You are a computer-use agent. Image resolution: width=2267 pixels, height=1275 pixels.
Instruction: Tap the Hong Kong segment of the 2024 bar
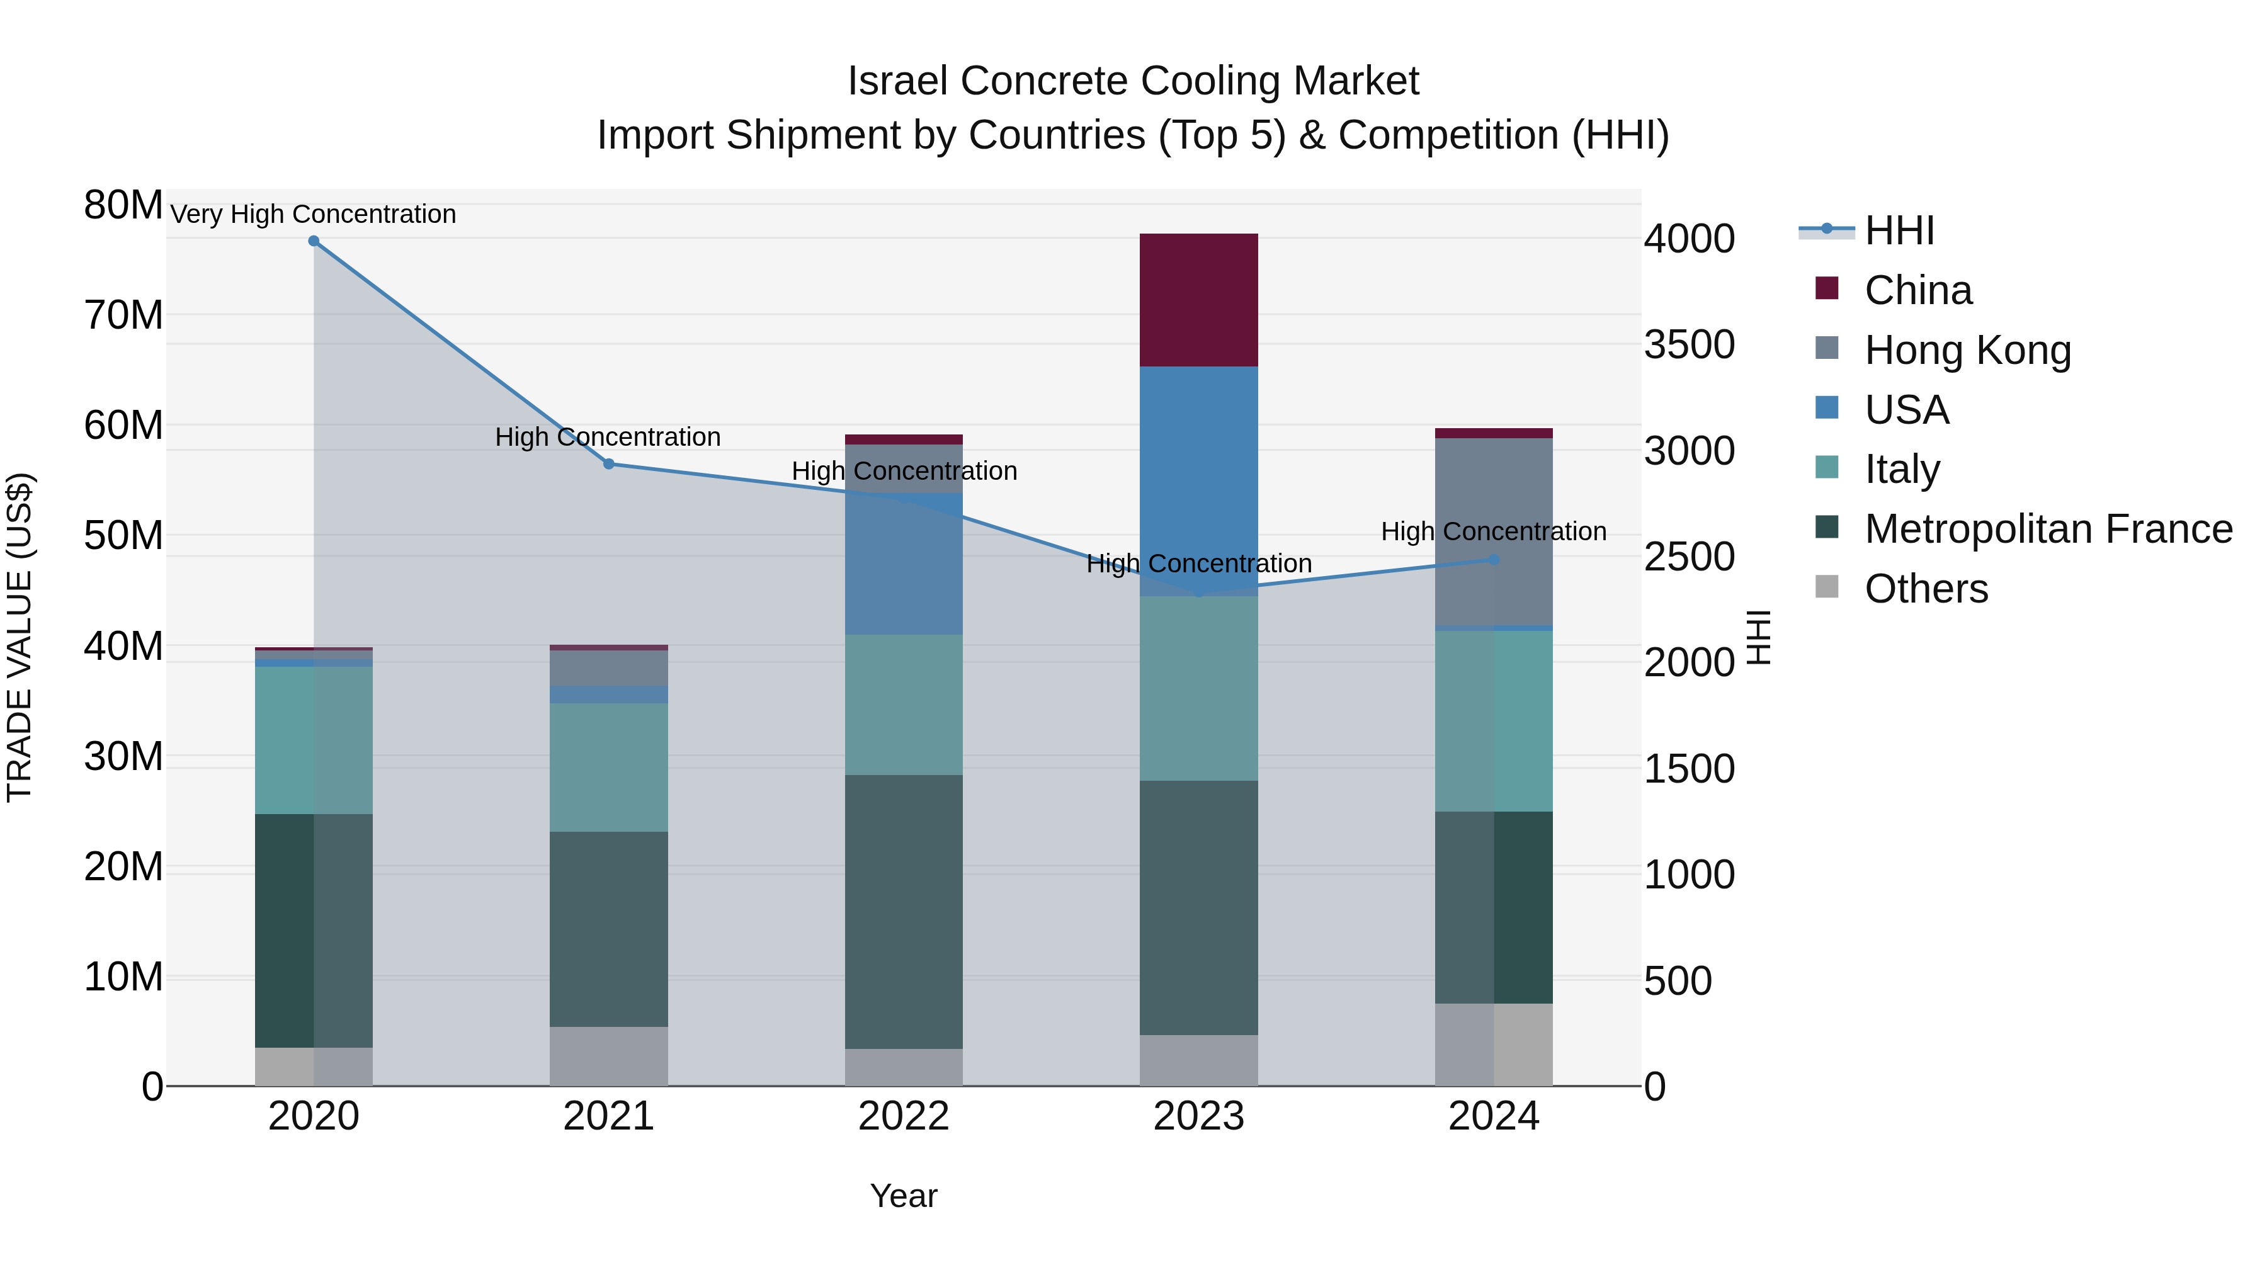(1494, 531)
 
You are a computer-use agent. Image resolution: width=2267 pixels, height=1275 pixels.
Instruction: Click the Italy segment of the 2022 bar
(903, 704)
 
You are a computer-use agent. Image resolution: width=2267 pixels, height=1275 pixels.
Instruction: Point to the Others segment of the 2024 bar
(1494, 1045)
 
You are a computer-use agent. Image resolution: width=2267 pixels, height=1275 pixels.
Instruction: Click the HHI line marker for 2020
(314, 241)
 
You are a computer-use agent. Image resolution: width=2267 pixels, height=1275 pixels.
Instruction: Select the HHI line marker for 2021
(608, 463)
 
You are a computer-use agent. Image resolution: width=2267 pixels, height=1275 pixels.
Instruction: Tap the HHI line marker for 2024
(1494, 560)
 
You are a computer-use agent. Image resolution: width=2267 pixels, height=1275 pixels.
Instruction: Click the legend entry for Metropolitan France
(2047, 529)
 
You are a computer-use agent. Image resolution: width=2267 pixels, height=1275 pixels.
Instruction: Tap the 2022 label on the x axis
(903, 1116)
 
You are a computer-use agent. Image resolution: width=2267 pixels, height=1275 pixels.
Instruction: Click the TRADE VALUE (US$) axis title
(20, 637)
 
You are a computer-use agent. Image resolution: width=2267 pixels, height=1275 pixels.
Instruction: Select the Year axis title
(903, 1196)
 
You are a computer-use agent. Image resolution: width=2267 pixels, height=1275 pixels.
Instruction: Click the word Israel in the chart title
(897, 81)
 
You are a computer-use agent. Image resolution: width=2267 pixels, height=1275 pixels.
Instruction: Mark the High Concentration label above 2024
(1494, 531)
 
